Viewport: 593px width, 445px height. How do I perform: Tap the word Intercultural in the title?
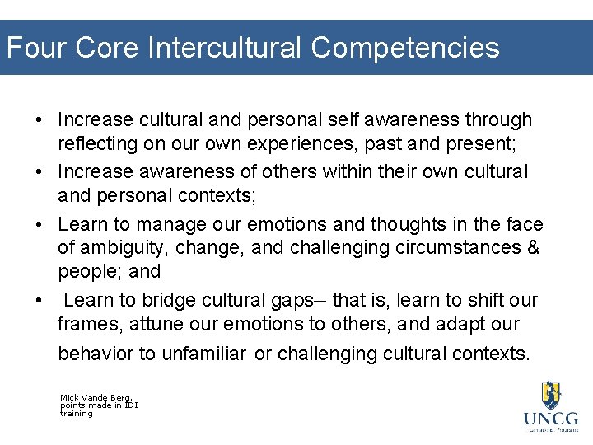[x=225, y=48]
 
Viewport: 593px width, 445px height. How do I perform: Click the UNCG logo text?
[x=551, y=419]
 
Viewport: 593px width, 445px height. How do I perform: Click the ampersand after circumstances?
[x=533, y=247]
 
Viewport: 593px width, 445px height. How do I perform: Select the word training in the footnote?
[x=76, y=413]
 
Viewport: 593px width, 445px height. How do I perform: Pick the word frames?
[x=89, y=324]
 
